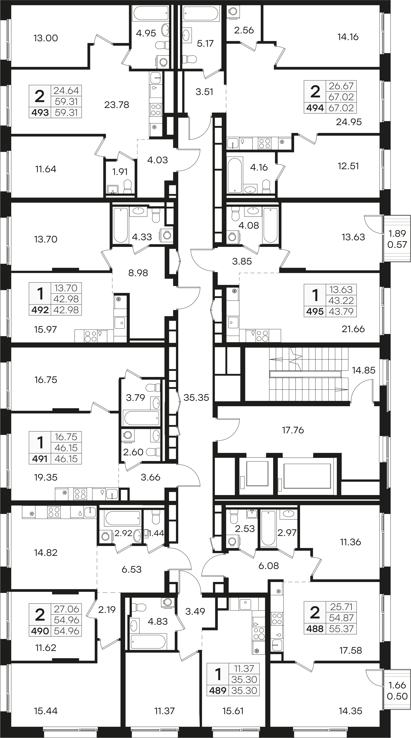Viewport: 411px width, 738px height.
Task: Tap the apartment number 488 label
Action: click(x=315, y=629)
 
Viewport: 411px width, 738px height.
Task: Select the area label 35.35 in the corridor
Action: click(x=196, y=397)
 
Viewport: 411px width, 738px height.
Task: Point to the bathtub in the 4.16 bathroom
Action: click(x=235, y=175)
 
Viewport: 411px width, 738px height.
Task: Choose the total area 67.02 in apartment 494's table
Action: click(x=341, y=97)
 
